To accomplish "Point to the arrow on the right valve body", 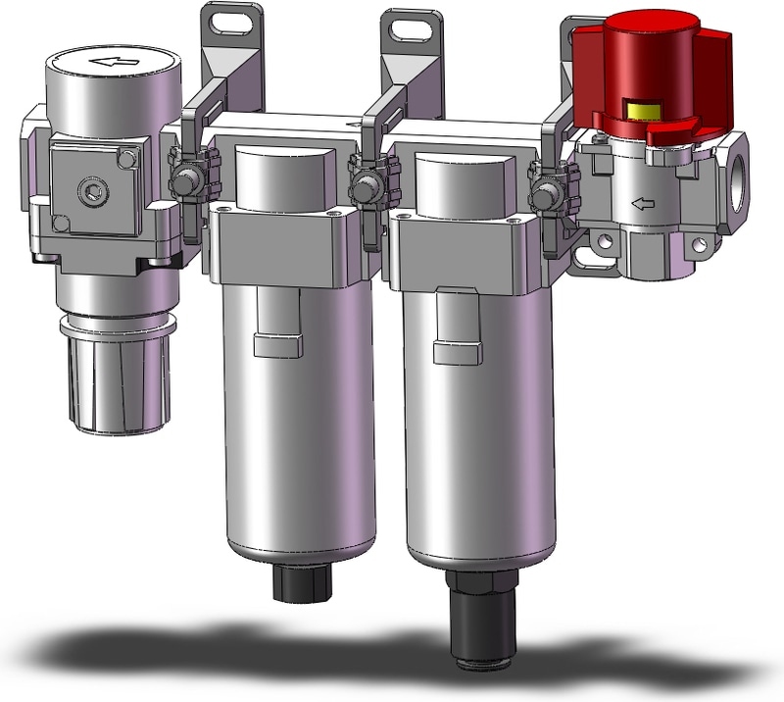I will click(643, 204).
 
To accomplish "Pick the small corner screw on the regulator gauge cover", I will click(124, 156).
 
